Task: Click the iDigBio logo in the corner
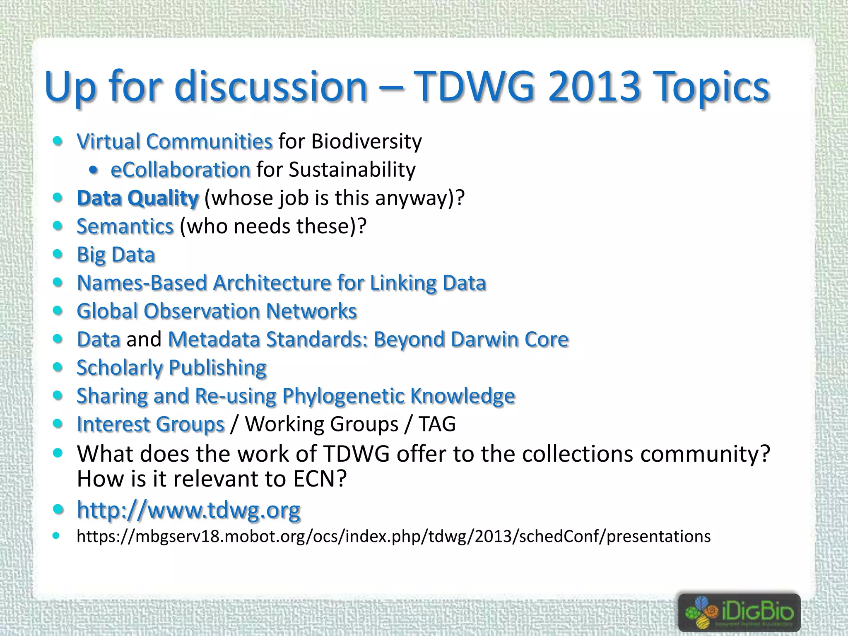pos(739,612)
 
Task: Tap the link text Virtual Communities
pos(175,142)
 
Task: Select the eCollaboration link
pos(181,170)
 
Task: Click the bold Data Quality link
pos(138,198)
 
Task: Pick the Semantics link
pos(125,226)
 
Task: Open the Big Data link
pos(116,255)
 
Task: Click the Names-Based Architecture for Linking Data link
pos(282,283)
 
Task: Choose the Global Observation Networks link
pos(217,311)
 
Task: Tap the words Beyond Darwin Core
pos(471,340)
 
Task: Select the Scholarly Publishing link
pos(171,368)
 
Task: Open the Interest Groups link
pos(151,424)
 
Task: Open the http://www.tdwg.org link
pos(189,510)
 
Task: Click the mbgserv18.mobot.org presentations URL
pos(393,536)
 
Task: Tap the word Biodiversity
pos(366,142)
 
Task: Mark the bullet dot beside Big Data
pos(58,254)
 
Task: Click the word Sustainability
pos(352,170)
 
